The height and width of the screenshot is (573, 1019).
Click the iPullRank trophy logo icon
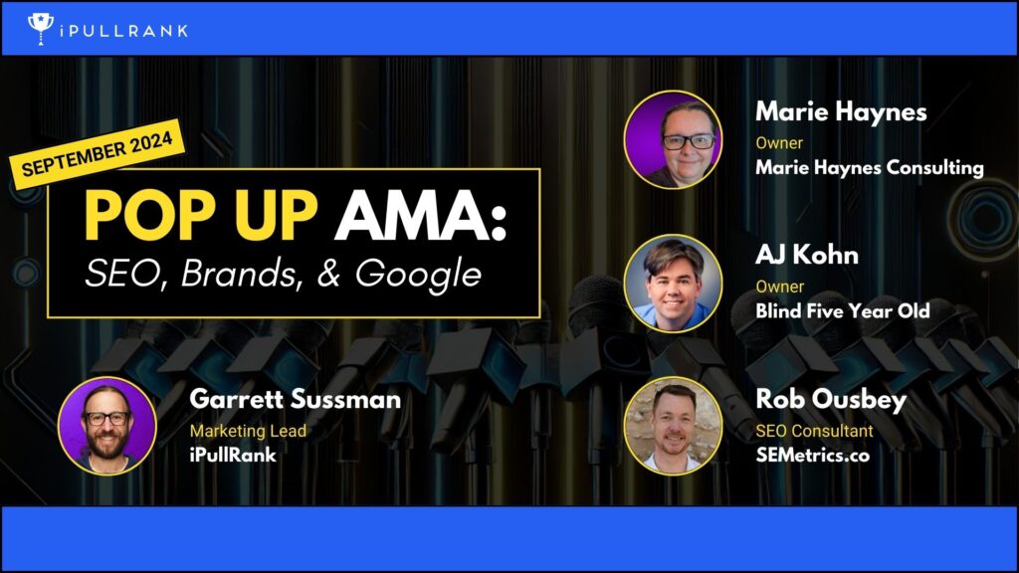click(x=40, y=29)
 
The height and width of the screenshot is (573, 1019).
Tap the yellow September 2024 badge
click(x=98, y=154)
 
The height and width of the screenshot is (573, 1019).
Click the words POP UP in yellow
click(x=201, y=216)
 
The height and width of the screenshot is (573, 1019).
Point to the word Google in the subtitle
click(x=419, y=275)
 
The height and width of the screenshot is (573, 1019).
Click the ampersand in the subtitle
click(x=329, y=274)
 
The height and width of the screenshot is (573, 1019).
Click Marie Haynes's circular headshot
click(x=673, y=139)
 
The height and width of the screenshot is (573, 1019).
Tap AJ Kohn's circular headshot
click(x=673, y=284)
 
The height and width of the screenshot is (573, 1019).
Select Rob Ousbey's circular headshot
click(x=673, y=426)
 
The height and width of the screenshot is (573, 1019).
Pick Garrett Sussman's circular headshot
click(x=107, y=426)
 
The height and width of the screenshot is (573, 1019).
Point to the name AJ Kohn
click(x=806, y=255)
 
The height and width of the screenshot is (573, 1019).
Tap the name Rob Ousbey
click(x=831, y=400)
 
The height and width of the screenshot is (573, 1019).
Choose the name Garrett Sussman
click(x=295, y=399)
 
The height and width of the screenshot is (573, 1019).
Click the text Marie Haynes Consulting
click(x=870, y=168)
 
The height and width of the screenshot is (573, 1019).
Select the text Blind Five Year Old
click(x=842, y=311)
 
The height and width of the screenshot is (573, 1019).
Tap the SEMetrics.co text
click(x=812, y=455)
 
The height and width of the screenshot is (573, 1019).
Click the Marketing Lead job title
click(x=248, y=431)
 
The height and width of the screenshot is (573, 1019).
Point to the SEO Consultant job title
click(x=814, y=431)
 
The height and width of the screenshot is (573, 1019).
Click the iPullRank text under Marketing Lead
click(x=233, y=455)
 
